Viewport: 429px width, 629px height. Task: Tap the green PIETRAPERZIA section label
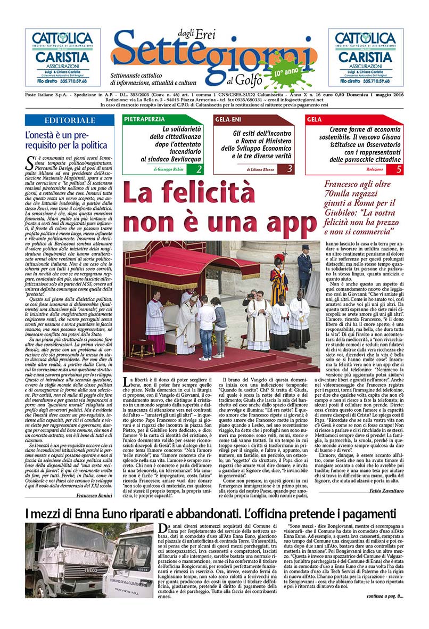pos(144,119)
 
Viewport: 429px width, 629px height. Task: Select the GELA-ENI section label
pos(229,119)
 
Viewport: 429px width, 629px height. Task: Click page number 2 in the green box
pos(199,169)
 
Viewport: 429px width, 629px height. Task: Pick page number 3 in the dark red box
pos(290,169)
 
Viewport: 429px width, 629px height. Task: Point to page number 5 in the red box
pos(399,169)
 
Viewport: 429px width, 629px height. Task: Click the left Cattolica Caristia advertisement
pos(63,57)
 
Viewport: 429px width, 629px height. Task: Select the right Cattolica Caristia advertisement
pos(366,57)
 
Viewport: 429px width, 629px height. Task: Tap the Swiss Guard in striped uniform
pos(278,280)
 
